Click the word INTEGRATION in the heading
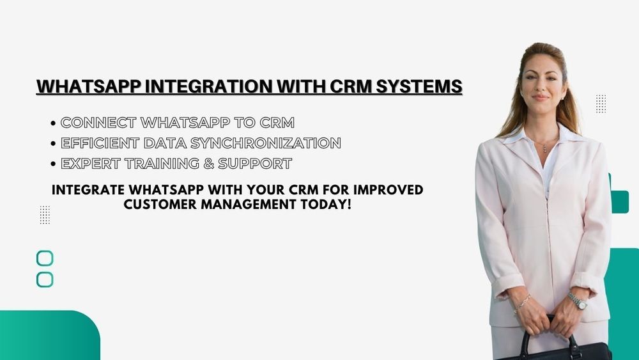click(209, 86)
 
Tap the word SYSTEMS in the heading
click(419, 86)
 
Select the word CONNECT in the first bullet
click(98, 122)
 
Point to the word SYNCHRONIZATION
click(265, 143)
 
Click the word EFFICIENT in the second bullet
click(100, 143)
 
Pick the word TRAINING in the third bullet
click(162, 164)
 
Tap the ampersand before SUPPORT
click(209, 164)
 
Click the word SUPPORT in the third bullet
click(255, 164)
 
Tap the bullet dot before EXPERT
click(54, 164)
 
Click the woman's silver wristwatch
click(578, 301)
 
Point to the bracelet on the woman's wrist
click(522, 302)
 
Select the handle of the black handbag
click(551, 333)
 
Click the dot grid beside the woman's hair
click(601, 104)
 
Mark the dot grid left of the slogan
click(45, 215)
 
